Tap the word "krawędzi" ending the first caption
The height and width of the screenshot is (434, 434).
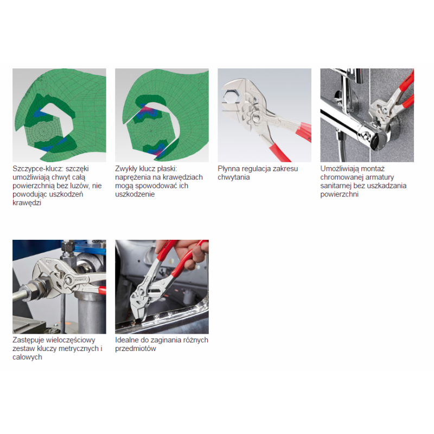(x=27, y=203)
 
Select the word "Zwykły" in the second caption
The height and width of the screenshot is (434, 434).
(x=126, y=169)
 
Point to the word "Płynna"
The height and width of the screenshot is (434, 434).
(x=228, y=169)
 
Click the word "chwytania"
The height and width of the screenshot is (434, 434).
(x=234, y=177)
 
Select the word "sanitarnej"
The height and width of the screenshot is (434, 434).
(x=336, y=186)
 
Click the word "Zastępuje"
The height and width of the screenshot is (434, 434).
(x=28, y=340)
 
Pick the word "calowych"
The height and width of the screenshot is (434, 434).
(x=27, y=357)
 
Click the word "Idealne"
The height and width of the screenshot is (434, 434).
(x=127, y=340)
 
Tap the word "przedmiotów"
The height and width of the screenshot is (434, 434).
(x=136, y=349)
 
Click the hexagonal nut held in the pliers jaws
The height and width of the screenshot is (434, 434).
(x=229, y=97)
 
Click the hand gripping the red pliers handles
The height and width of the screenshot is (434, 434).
(x=191, y=253)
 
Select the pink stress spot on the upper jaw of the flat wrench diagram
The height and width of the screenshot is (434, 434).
(x=148, y=110)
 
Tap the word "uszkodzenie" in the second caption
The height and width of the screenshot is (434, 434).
(x=135, y=194)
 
